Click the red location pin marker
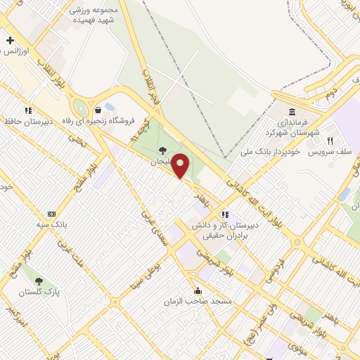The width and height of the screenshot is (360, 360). [x=181, y=165]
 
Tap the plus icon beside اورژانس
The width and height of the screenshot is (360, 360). [x=10, y=41]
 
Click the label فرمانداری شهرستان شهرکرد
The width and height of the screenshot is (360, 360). [x=292, y=127]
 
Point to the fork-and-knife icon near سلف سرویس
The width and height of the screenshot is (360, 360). [x=330, y=141]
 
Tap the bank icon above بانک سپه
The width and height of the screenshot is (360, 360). [x=51, y=213]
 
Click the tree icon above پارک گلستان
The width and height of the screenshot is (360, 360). [x=39, y=281]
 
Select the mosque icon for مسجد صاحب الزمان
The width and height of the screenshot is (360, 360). [x=198, y=290]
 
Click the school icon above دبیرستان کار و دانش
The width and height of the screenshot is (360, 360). [x=224, y=214]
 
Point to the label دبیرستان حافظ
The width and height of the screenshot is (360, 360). [x=27, y=120]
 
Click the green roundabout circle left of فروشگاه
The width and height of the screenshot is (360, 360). [x=81, y=108]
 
